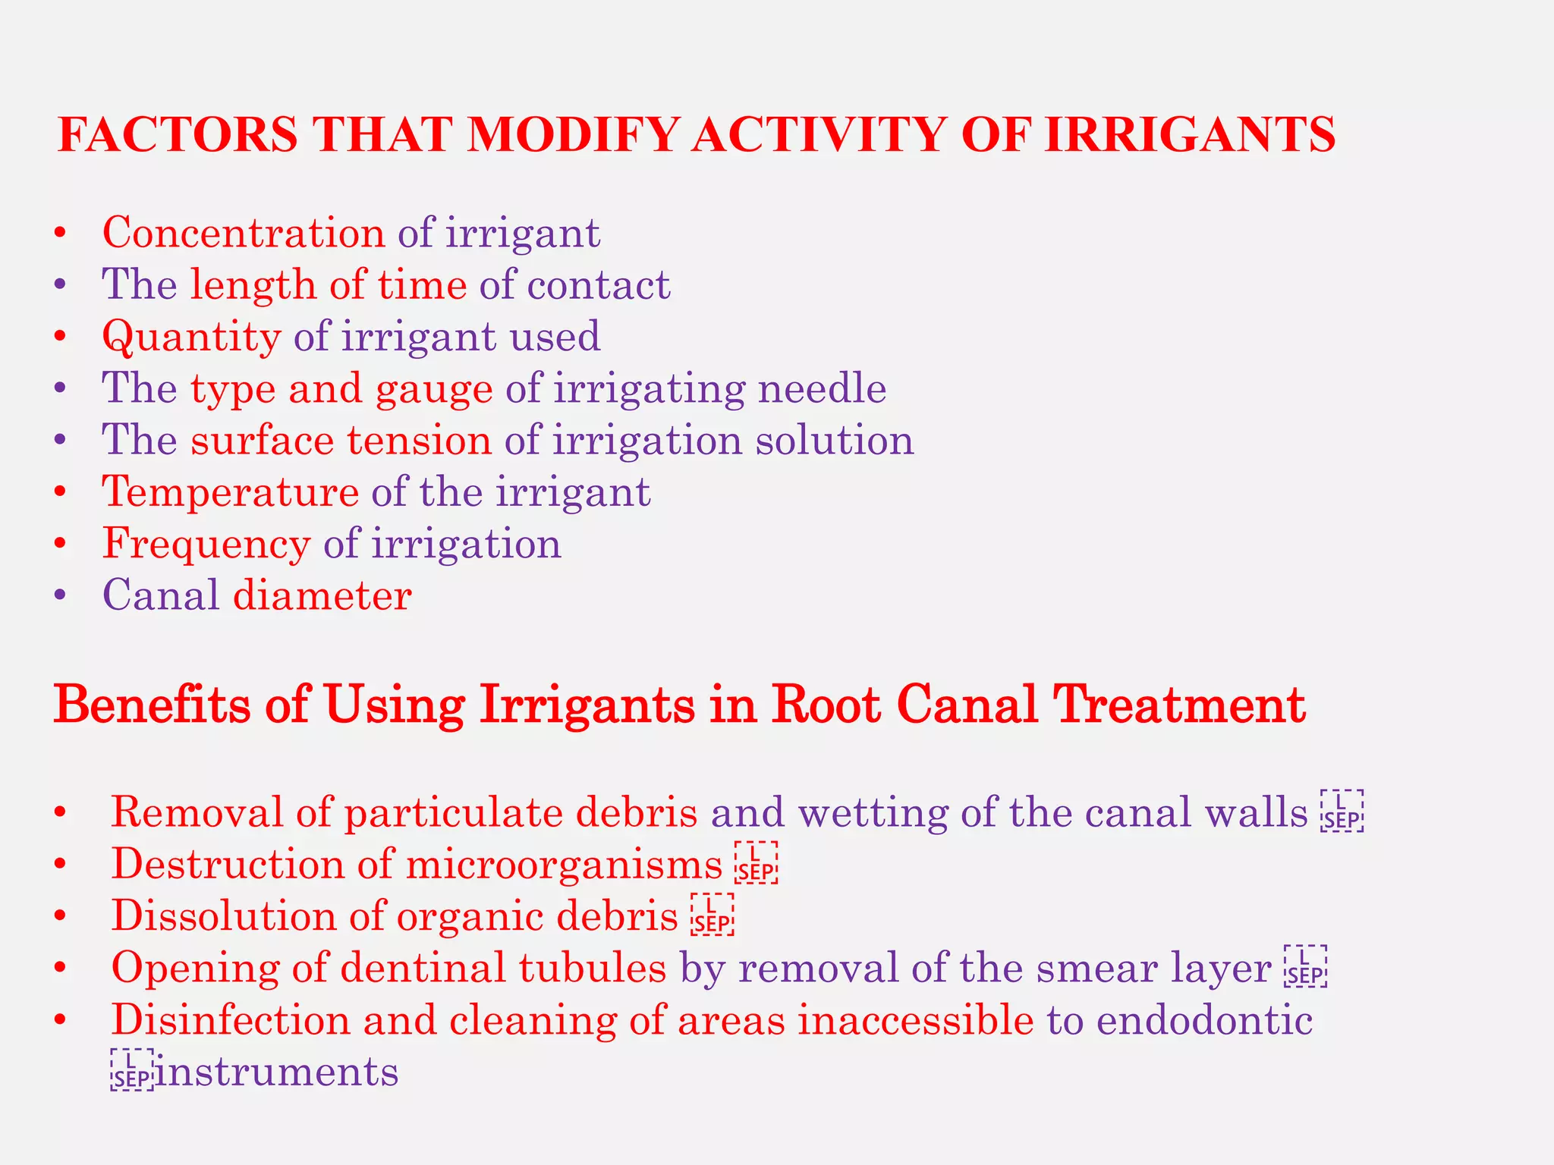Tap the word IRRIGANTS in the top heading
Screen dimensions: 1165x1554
tap(1190, 134)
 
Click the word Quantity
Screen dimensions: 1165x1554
tap(191, 337)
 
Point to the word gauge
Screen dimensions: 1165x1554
tap(434, 388)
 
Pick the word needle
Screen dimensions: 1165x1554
tap(822, 388)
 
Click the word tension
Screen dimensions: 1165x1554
tap(419, 441)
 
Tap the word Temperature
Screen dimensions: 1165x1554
tap(231, 492)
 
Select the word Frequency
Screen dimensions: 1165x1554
tap(206, 544)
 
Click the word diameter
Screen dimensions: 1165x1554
tap(322, 595)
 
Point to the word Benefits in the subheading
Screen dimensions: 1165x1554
tap(153, 705)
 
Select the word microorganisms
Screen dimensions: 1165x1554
tap(565, 865)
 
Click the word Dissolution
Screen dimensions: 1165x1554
tap(224, 916)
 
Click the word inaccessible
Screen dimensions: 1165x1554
tap(916, 1020)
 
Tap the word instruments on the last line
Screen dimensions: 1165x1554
tap(277, 1072)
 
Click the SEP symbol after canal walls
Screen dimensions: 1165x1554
tap(1342, 812)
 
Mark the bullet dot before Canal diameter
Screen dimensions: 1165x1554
tap(61, 595)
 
